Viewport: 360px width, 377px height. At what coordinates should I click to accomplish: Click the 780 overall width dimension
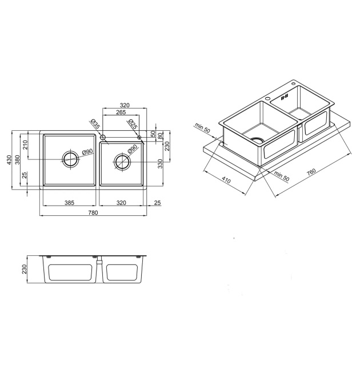pos(93,212)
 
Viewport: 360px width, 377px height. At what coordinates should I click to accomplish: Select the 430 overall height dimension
pos(9,160)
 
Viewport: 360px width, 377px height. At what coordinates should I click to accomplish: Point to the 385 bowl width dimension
pos(69,203)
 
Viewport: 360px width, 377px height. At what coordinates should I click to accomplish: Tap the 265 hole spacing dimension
pos(121,112)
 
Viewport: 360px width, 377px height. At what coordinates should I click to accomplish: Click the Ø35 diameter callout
pos(95,123)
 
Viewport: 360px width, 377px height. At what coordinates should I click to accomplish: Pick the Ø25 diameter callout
pos(133,123)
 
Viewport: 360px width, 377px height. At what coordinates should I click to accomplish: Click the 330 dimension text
pos(161,164)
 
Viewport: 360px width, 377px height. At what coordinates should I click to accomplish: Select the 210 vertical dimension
pos(26,145)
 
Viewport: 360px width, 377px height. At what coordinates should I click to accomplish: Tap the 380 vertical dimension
pos(18,159)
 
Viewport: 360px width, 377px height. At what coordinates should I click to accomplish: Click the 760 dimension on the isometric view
pos(311,173)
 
